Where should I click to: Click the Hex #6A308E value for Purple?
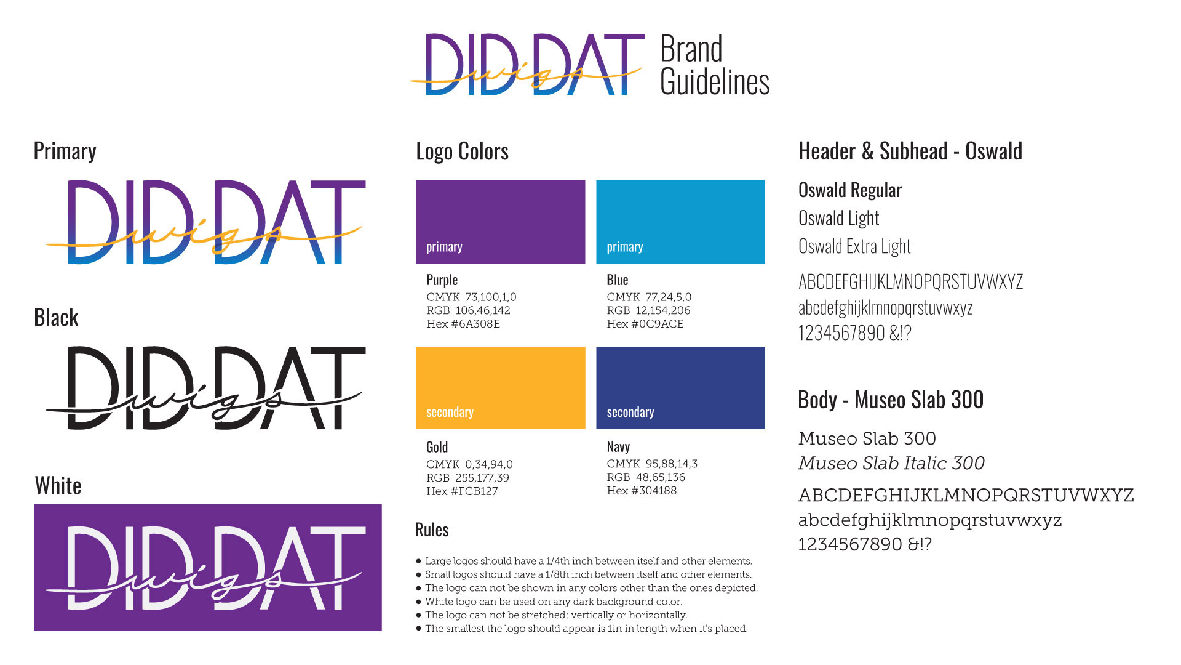(x=463, y=324)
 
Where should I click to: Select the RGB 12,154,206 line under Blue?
(x=648, y=310)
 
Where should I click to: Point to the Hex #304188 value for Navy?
(x=642, y=491)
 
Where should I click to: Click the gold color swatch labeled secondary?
(x=500, y=388)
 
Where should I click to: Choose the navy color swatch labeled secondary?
(x=680, y=388)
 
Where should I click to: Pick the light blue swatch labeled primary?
(x=680, y=222)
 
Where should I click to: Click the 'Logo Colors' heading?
(x=462, y=151)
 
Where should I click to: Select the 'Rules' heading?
(x=432, y=530)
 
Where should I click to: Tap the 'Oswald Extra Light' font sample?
(x=854, y=246)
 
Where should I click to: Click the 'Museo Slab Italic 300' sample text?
(x=891, y=463)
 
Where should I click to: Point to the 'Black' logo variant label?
(x=56, y=318)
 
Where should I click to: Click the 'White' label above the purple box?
(x=58, y=486)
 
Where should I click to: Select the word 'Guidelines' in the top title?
(x=715, y=83)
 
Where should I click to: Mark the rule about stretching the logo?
(x=556, y=615)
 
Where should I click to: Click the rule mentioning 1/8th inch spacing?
(x=588, y=574)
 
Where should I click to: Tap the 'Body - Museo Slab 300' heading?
(x=890, y=400)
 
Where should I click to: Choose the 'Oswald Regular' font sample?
(x=849, y=190)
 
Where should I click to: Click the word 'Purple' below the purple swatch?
(x=442, y=280)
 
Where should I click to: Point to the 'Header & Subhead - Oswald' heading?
(x=910, y=151)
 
